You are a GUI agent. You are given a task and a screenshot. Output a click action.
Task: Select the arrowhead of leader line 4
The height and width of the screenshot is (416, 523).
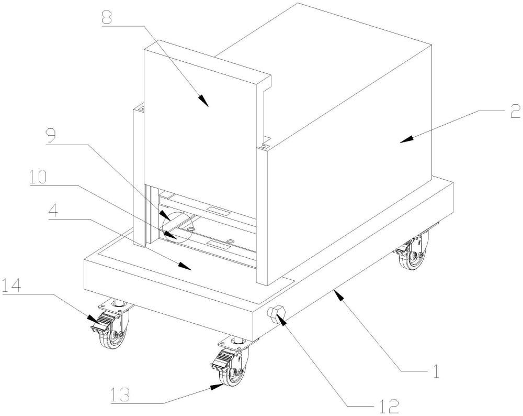click(x=190, y=267)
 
